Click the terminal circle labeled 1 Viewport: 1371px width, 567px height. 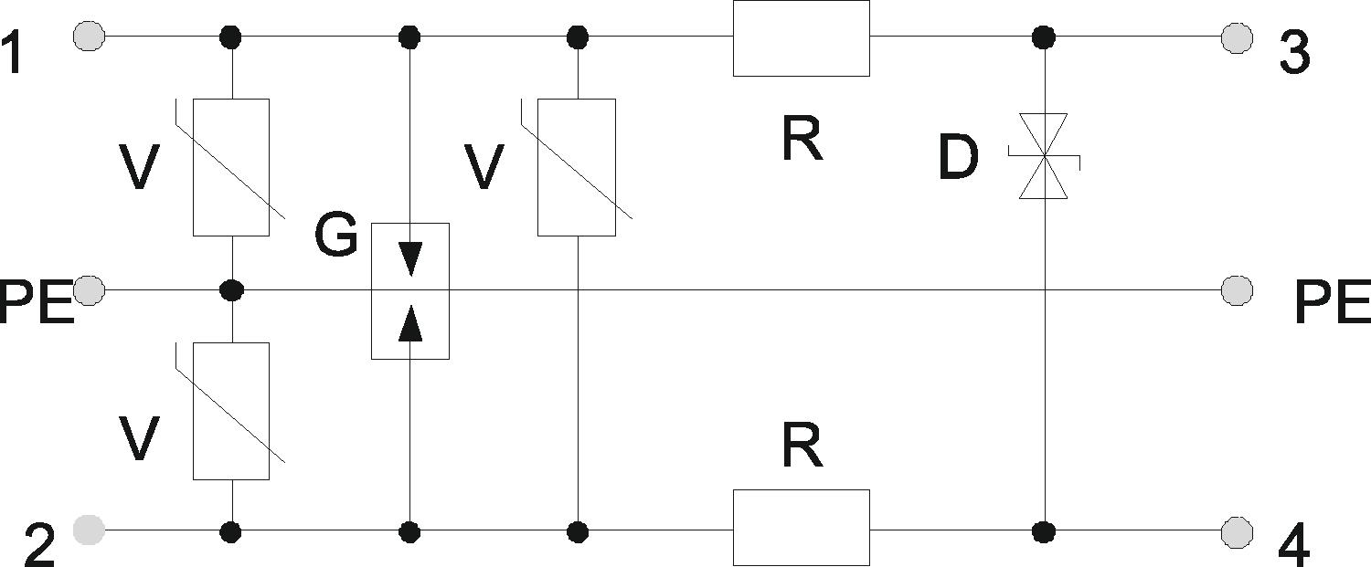(x=89, y=37)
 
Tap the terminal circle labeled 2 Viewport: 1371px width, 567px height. (x=89, y=530)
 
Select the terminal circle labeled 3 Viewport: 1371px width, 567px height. (x=1237, y=38)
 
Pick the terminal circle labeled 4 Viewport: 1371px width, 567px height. (x=1237, y=532)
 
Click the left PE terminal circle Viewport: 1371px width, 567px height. (x=89, y=289)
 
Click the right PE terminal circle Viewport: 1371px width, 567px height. (x=1237, y=289)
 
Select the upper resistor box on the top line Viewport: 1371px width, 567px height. (x=802, y=38)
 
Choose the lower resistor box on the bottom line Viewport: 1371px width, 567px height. (x=802, y=527)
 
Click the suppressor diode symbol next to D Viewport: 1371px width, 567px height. (x=1044, y=156)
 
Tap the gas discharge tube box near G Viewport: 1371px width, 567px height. (x=410, y=290)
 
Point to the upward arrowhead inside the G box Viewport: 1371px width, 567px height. (x=410, y=322)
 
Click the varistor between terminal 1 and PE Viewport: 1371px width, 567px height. (x=230, y=167)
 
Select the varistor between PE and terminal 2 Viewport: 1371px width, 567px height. (x=230, y=411)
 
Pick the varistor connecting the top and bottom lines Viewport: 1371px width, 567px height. (x=577, y=167)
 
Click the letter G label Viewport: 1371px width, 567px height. (x=336, y=236)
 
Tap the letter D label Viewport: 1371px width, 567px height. (x=958, y=157)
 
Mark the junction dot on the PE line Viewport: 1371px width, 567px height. (x=231, y=289)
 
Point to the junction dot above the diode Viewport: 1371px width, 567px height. (x=1044, y=37)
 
